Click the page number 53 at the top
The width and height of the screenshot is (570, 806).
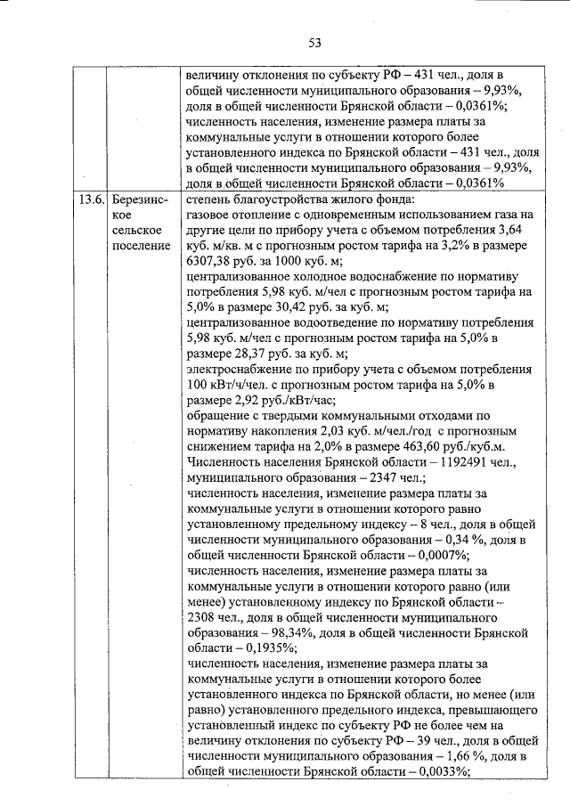pos(314,42)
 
